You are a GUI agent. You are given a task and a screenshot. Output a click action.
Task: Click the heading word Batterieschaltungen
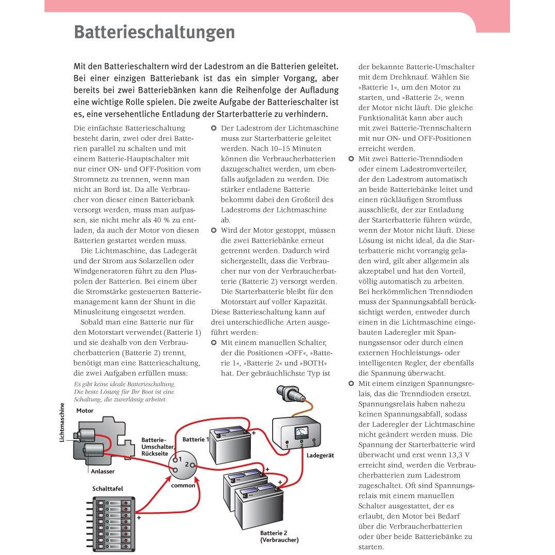pos(154,33)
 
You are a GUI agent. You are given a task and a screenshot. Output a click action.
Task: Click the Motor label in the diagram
pos(85,411)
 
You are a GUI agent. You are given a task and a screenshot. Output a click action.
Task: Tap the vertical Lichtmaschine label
pos(62,422)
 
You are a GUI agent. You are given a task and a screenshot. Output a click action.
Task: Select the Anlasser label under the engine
pos(102,471)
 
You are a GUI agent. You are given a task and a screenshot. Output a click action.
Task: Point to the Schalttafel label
pos(108,488)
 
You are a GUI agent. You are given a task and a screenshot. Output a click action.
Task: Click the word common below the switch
pos(183,485)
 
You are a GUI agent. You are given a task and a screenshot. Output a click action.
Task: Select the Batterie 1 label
pos(196,439)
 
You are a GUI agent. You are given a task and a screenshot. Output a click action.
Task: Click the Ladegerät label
pos(320,455)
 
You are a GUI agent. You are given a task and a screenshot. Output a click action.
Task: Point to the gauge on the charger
pos(301,432)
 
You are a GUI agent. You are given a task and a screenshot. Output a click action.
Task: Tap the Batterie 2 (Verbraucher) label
pos(279,536)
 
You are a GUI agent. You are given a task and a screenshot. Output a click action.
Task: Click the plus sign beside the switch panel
pos(139,517)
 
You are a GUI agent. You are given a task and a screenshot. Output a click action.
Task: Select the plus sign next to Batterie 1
pos(253,432)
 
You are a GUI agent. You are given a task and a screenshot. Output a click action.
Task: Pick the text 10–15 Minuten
pos(286,148)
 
